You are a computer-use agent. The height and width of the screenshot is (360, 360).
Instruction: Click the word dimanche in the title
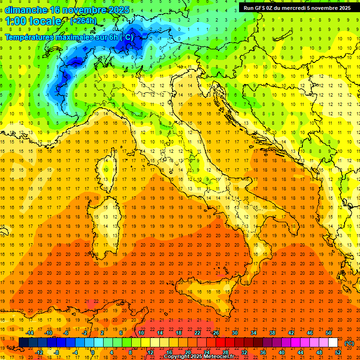click(26, 9)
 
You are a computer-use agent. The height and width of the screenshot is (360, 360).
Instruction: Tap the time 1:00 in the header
click(16, 21)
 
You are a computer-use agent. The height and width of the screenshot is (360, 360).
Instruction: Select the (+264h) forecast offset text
click(83, 21)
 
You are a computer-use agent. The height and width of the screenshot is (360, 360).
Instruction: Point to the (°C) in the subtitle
click(126, 37)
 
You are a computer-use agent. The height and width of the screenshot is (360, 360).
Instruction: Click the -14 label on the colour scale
click(30, 333)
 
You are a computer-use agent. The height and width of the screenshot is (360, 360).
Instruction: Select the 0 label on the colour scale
click(92, 352)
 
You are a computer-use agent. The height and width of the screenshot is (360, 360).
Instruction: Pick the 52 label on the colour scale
click(338, 352)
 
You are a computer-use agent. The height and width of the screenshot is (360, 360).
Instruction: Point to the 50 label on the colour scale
click(328, 333)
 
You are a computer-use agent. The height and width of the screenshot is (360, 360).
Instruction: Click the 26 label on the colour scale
click(216, 333)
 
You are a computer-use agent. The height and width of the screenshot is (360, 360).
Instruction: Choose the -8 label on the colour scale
click(57, 352)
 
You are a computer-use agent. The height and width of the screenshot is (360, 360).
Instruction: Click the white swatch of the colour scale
click(333, 343)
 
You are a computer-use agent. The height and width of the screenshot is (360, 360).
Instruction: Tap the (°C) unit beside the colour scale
click(349, 343)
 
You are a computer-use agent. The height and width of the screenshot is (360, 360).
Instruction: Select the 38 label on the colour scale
click(272, 333)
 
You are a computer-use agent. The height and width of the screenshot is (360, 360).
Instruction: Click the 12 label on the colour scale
click(150, 352)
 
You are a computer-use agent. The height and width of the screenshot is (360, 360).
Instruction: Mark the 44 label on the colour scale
click(300, 352)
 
